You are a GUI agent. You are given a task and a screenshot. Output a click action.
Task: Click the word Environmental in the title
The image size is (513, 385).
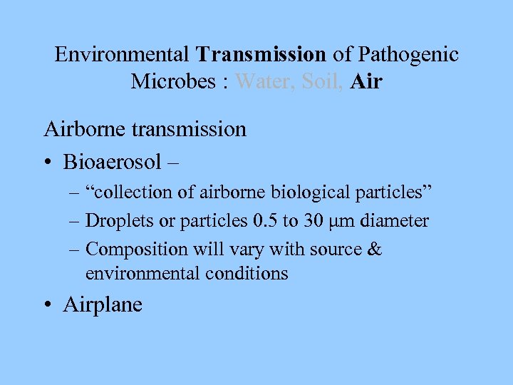(x=122, y=54)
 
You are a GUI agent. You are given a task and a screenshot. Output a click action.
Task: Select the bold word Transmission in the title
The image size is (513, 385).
(x=261, y=54)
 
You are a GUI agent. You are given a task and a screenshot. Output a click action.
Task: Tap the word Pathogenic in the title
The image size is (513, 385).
(x=408, y=54)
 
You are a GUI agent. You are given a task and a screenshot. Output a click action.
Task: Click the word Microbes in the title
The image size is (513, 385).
(x=174, y=82)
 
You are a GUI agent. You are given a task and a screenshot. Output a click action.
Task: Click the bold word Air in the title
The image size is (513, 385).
(x=366, y=82)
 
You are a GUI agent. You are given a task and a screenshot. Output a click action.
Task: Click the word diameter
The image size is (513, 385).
(x=395, y=221)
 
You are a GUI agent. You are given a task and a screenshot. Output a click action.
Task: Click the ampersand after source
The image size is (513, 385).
(x=375, y=250)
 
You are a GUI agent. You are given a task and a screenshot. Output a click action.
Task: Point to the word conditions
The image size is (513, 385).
(x=244, y=272)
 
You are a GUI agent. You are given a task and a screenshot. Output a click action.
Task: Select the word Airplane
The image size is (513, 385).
(x=103, y=304)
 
